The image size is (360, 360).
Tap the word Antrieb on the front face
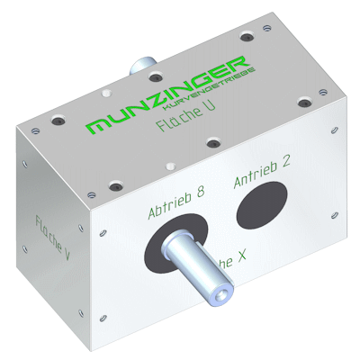252,174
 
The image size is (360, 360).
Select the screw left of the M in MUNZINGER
58,118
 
